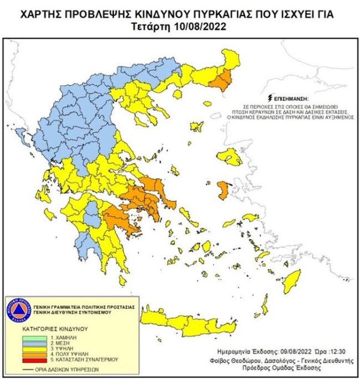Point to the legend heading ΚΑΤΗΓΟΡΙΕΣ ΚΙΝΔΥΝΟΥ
pos(53,329)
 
